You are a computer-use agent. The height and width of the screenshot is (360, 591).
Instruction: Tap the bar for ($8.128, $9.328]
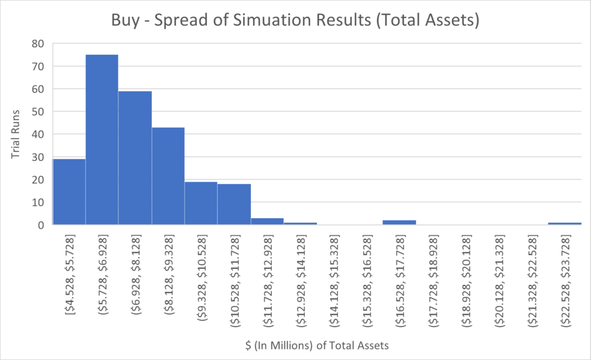click(168, 176)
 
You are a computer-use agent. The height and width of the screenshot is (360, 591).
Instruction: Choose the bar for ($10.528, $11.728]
click(234, 204)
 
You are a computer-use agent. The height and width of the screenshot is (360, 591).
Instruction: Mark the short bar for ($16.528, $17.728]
click(399, 223)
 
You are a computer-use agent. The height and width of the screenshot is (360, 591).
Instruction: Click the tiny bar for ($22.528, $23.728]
click(564, 224)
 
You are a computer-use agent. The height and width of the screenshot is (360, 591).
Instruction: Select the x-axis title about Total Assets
click(316, 346)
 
